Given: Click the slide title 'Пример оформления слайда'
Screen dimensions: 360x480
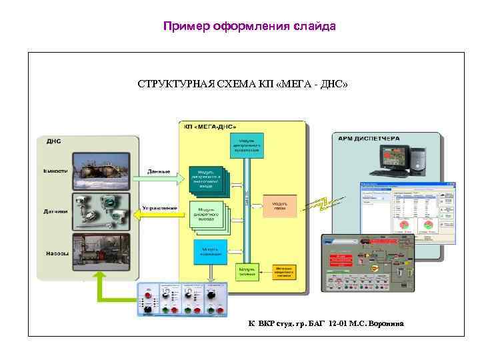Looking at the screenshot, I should [250, 27].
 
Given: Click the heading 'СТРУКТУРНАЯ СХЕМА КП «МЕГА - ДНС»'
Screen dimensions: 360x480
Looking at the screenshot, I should [243, 85].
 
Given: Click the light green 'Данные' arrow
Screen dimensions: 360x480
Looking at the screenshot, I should [159, 176].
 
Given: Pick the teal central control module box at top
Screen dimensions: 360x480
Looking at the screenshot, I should [248, 145].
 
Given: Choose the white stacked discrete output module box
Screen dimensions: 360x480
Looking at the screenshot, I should [209, 215].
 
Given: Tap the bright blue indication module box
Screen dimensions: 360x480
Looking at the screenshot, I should [209, 251].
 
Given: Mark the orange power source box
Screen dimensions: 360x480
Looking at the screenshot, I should [285, 273].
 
